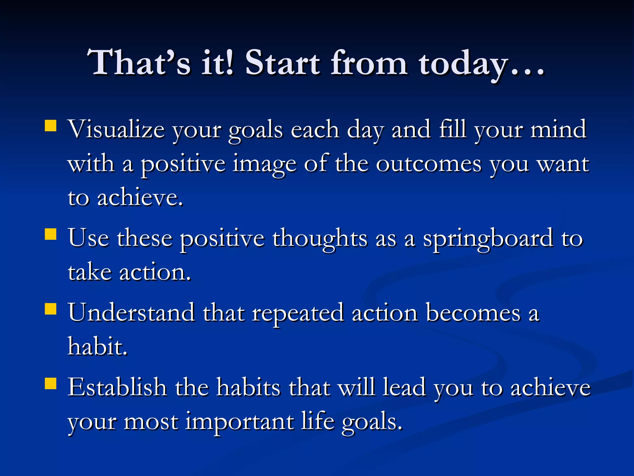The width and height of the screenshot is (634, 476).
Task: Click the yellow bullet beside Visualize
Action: coord(50,126)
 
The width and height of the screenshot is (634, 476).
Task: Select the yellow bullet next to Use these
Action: coord(50,234)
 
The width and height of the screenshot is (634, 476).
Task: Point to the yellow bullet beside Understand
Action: coord(50,309)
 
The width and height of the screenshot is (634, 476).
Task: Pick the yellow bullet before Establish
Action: coord(50,383)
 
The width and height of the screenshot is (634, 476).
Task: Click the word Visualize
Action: coord(116,130)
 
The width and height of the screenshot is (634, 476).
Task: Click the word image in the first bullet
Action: coord(265,164)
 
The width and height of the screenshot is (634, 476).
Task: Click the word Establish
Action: coord(117,387)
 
